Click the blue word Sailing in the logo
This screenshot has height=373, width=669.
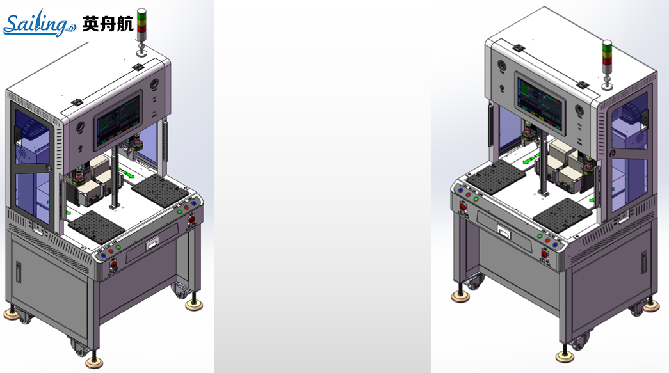click(x=39, y=24)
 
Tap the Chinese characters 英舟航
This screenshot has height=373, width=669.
click(x=108, y=24)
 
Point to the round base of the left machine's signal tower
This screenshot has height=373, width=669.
click(x=141, y=53)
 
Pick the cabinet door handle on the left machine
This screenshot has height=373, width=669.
click(x=19, y=272)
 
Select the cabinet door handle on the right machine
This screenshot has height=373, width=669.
click(x=644, y=262)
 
